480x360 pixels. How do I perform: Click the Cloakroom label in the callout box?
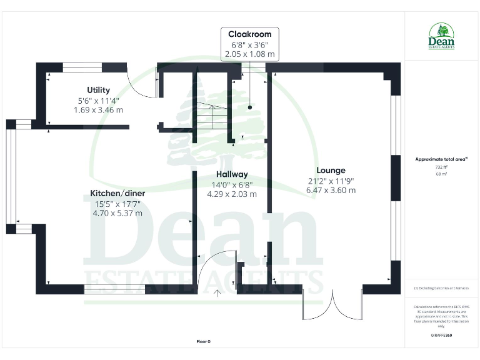tap(249, 34)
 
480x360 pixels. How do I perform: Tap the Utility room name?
tap(98, 90)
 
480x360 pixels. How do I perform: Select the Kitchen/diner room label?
tap(117, 194)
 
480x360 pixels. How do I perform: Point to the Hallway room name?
tap(232, 174)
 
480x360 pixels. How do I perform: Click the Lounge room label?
tap(331, 170)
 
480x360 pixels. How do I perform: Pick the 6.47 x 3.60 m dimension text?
tap(331, 190)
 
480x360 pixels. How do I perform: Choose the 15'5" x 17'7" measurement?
tap(117, 204)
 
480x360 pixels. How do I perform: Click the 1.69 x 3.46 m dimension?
tap(98, 109)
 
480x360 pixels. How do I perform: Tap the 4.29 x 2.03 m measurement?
tap(232, 194)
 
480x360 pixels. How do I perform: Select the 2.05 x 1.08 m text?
tap(249, 54)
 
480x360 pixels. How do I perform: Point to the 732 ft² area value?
tap(442, 167)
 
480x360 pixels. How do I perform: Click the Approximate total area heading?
tap(441, 159)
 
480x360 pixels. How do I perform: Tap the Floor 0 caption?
tap(204, 341)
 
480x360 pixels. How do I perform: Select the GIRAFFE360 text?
tap(441, 336)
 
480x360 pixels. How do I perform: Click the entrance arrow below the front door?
tap(217, 291)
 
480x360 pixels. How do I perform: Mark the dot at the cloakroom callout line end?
tap(249, 107)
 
